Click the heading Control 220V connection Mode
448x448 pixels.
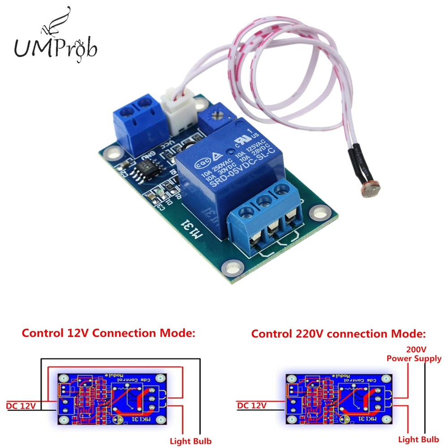(x=338, y=334)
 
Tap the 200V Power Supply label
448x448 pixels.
(x=414, y=354)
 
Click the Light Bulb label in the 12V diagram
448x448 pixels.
(x=190, y=441)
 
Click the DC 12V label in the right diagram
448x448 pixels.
(x=252, y=405)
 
